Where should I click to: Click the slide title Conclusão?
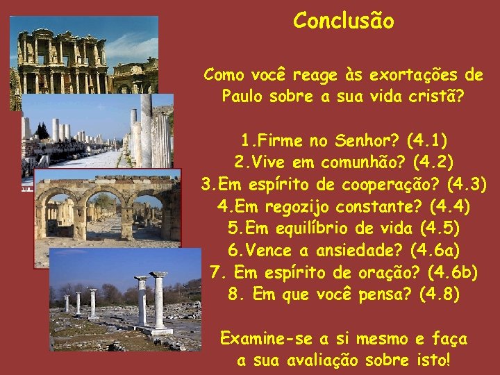pyautogui.click(x=343, y=21)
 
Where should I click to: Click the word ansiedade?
pyautogui.click(x=357, y=249)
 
